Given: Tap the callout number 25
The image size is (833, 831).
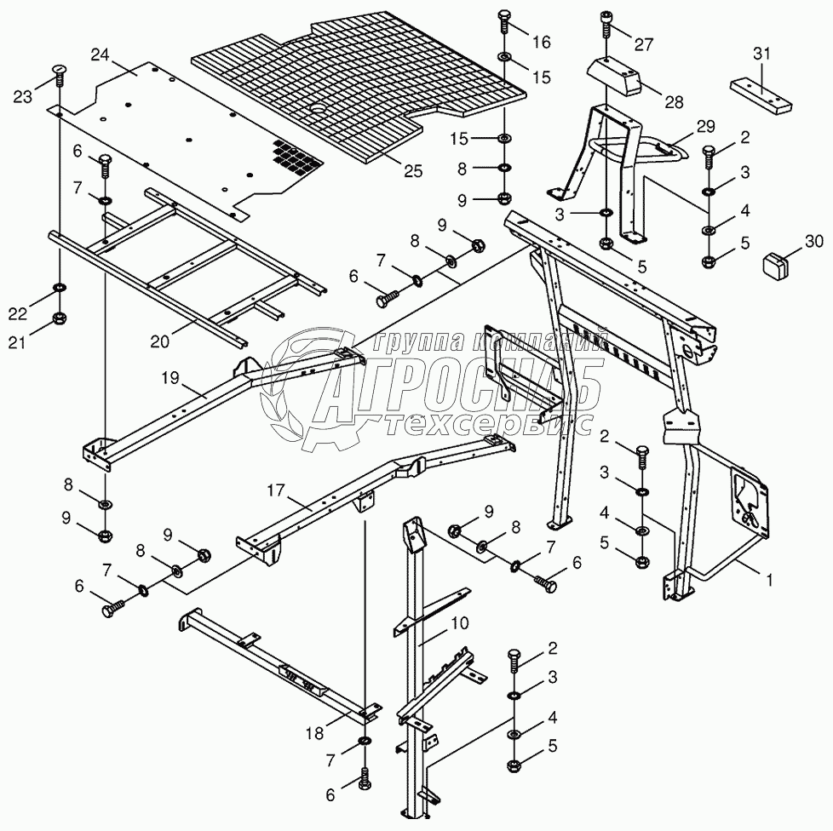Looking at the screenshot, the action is [x=412, y=170].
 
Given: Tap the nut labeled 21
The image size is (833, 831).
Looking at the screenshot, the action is [x=60, y=318].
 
